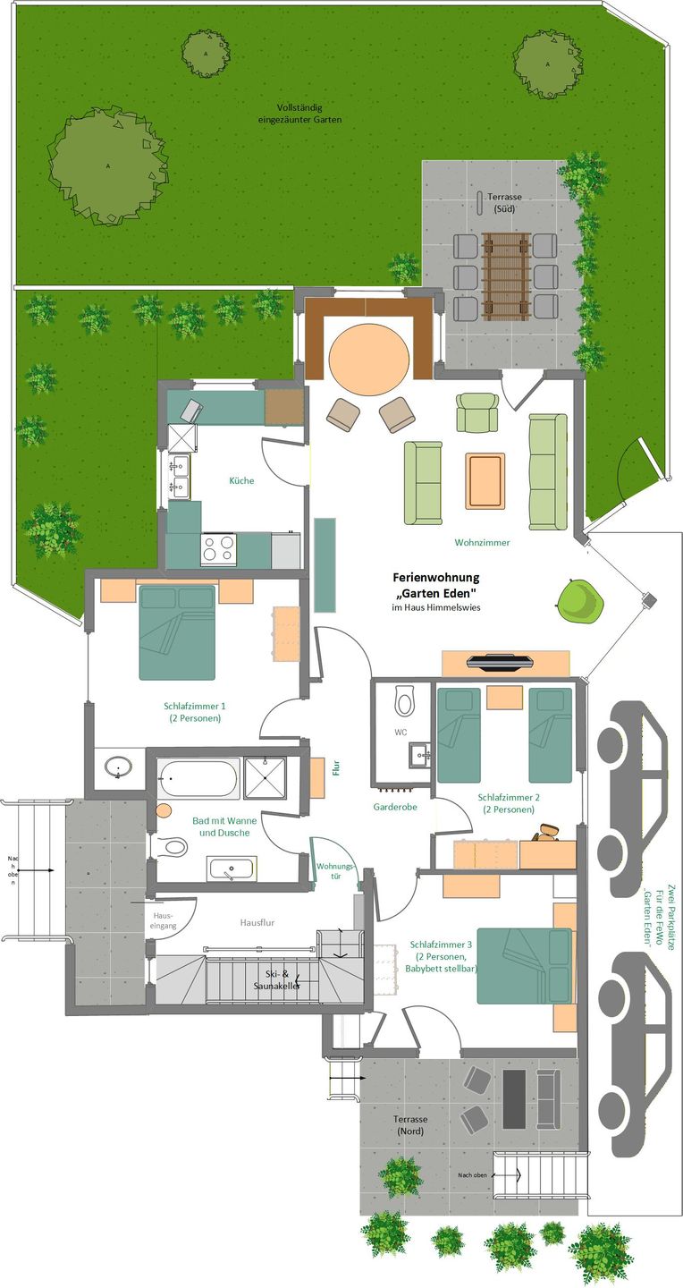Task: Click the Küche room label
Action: (x=241, y=480)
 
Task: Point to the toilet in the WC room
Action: (x=405, y=699)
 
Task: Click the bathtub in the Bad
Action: (x=199, y=778)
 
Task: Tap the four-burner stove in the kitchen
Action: (x=218, y=547)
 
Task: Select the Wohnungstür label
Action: (x=336, y=871)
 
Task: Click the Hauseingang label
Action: (x=164, y=920)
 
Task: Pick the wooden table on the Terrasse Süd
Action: (x=506, y=276)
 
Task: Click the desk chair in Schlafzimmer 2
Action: (x=547, y=834)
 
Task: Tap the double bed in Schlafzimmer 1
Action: (x=177, y=632)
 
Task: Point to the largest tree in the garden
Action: (x=106, y=165)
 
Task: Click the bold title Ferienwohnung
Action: (x=435, y=577)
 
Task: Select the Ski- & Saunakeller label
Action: (x=277, y=979)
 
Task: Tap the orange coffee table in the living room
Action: (x=485, y=480)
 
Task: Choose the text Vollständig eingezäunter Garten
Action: (x=299, y=114)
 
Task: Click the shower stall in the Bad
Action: (x=265, y=778)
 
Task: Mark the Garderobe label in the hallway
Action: (x=395, y=808)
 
